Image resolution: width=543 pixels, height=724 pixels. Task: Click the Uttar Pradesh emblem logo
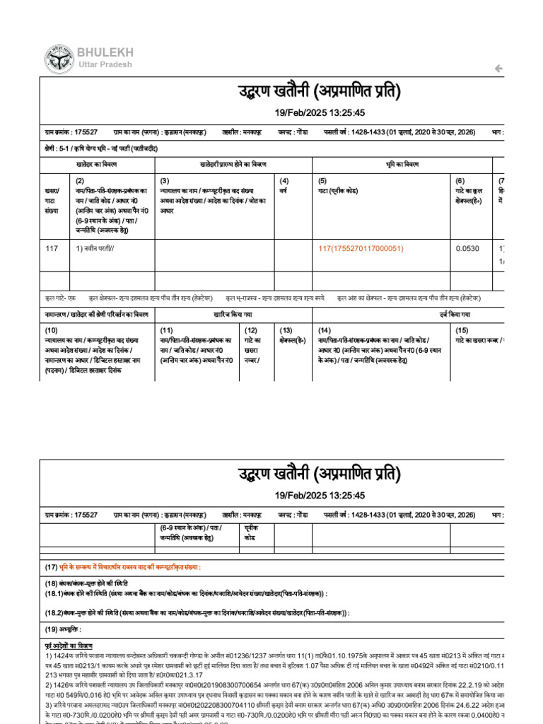[59, 59]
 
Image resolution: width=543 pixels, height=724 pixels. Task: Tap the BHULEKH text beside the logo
[105, 53]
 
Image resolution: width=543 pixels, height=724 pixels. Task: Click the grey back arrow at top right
[498, 69]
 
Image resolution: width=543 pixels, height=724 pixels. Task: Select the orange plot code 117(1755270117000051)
[361, 249]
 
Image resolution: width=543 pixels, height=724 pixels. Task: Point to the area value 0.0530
[467, 249]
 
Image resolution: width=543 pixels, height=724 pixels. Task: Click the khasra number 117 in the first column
[51, 249]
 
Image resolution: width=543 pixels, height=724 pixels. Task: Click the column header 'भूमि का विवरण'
[402, 164]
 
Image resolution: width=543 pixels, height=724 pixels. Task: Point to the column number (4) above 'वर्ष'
[284, 181]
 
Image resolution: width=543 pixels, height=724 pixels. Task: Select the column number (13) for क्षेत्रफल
[286, 330]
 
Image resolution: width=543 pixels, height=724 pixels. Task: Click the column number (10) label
[52, 330]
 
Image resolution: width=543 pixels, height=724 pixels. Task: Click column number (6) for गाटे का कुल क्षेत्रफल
[460, 181]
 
